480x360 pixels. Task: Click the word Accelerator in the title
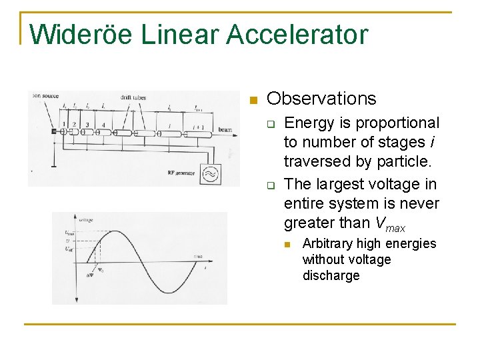(x=297, y=35)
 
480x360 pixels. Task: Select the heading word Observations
(x=321, y=99)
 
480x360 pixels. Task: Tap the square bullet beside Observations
(x=252, y=101)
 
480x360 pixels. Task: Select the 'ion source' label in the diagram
(x=46, y=97)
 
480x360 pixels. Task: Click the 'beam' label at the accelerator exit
(x=225, y=131)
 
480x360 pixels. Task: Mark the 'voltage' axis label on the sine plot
(x=86, y=219)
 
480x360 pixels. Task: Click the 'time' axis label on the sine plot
(x=197, y=256)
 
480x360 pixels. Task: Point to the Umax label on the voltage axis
(x=70, y=233)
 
